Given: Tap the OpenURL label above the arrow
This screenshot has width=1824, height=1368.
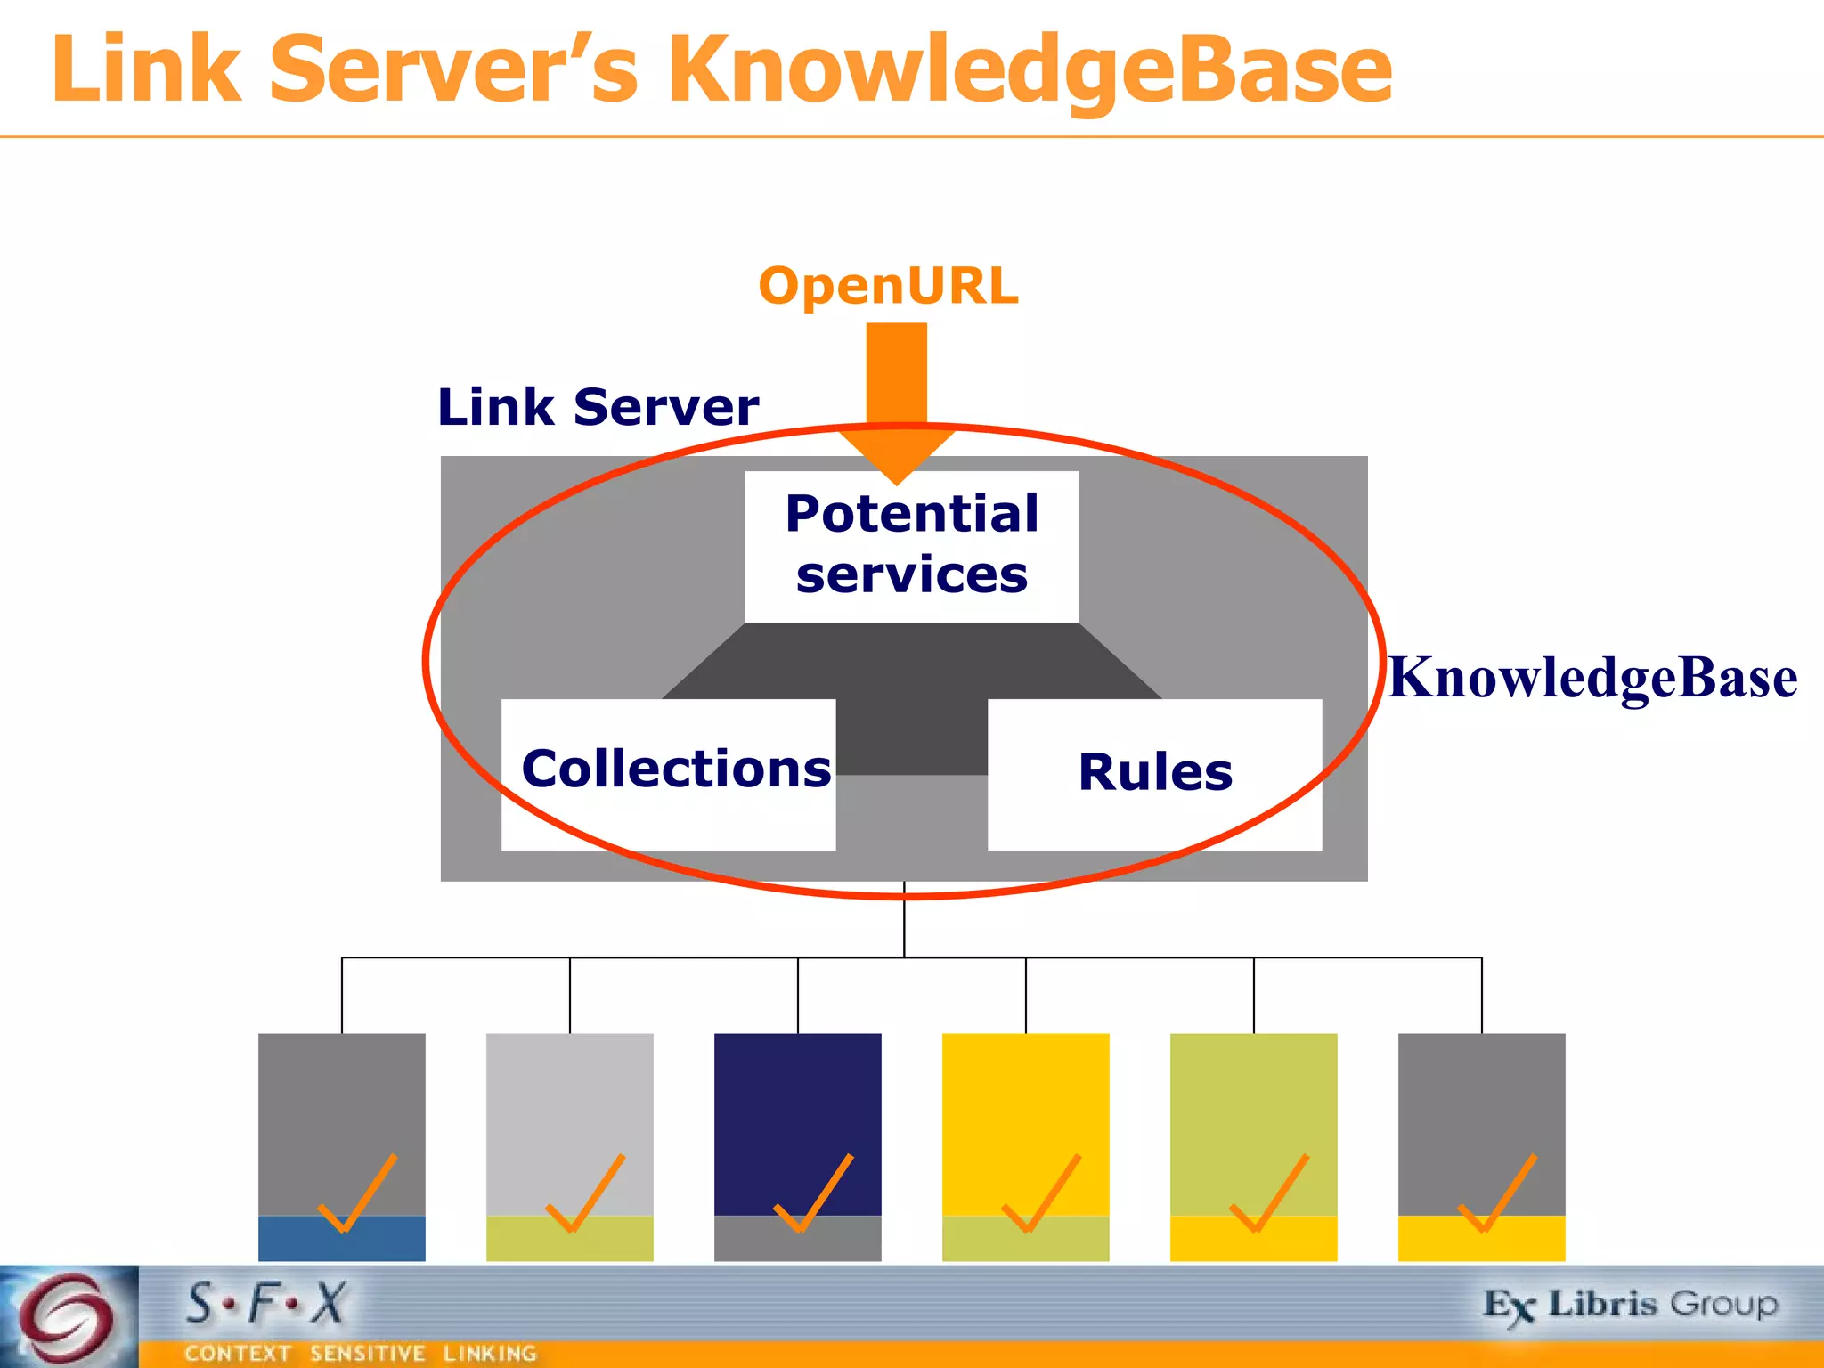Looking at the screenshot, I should click(888, 287).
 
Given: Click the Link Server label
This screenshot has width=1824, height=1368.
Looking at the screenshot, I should click(598, 408).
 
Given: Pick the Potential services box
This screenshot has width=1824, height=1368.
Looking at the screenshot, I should click(911, 545).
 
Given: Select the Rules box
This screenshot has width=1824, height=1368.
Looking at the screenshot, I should click(1154, 773).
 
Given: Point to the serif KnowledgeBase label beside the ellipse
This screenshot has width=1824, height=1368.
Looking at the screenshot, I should click(1592, 679).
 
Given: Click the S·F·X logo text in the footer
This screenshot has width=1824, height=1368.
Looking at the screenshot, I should click(265, 1304).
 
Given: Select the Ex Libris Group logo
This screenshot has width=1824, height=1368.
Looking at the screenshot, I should click(1630, 1306).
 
